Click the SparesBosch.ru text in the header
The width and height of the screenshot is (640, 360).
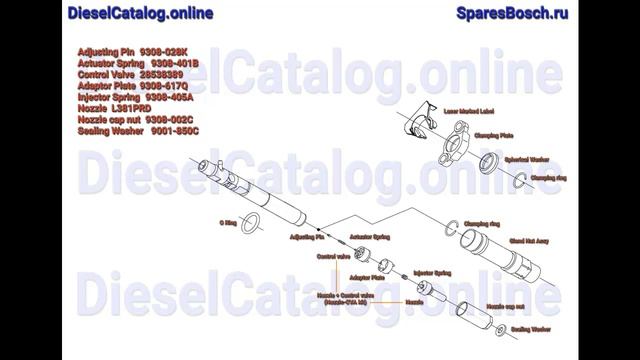(511, 13)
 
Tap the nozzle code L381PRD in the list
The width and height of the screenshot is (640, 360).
(130, 109)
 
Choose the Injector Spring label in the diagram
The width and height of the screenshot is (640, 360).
(431, 271)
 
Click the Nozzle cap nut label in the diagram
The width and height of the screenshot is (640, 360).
(505, 306)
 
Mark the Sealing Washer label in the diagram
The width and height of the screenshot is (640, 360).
(531, 329)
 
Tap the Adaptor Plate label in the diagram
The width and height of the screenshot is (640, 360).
(367, 277)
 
